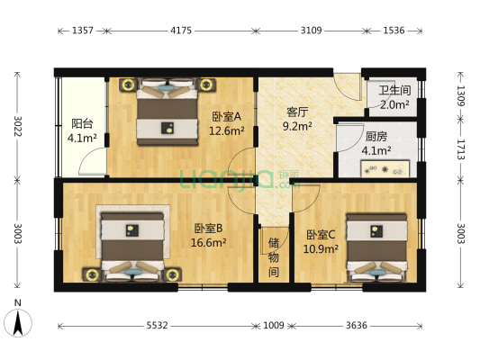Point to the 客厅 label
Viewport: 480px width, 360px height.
[298, 112]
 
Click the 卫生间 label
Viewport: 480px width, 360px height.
[394, 90]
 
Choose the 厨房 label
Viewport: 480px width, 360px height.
[376, 137]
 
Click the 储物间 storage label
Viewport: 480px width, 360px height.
[273, 257]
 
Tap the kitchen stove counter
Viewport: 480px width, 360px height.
[386, 168]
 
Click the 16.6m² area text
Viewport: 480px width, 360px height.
[208, 242]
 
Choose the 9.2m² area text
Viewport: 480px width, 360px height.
[298, 127]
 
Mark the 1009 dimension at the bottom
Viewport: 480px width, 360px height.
[273, 326]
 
